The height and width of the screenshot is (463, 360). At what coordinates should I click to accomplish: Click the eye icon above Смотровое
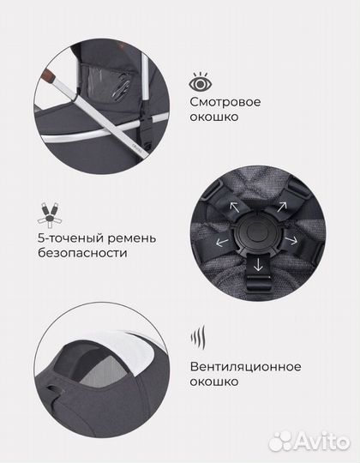[x=201, y=82]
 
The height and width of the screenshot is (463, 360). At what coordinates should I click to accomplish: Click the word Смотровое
[x=225, y=102]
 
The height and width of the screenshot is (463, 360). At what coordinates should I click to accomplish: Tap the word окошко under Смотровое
[x=214, y=117]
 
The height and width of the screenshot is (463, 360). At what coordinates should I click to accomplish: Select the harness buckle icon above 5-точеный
[x=51, y=214]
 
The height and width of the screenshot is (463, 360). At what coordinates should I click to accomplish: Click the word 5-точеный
[x=70, y=238]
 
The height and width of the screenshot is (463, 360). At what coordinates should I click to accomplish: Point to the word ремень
[x=132, y=239]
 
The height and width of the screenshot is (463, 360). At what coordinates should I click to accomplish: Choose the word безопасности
[x=82, y=253]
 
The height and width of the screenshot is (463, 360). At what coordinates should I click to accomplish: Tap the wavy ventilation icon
[x=198, y=337]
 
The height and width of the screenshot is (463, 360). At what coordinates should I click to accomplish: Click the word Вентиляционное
[x=245, y=367]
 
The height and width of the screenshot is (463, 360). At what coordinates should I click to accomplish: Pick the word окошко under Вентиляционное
[x=214, y=382]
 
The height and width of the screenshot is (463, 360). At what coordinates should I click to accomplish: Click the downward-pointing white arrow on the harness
[x=258, y=264]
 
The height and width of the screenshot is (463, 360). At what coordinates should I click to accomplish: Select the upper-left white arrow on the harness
[x=235, y=207]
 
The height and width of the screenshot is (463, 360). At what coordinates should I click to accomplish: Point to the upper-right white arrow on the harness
[x=281, y=206]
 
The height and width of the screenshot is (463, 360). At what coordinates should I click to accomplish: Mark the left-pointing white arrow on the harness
[x=222, y=243]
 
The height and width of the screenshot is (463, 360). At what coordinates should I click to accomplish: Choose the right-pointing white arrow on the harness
[x=291, y=240]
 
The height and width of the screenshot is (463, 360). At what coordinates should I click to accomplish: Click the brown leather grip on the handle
[x=49, y=76]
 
